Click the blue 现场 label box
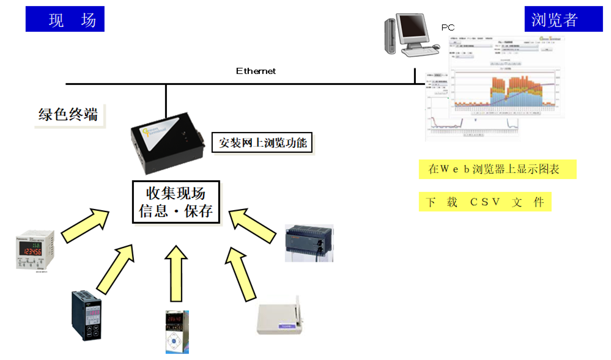tap(64, 20)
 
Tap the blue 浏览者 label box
tap(555, 20)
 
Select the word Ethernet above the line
tap(256, 72)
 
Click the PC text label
tap(448, 28)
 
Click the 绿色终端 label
tap(68, 114)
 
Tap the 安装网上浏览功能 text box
tap(262, 144)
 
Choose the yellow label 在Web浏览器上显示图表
tap(497, 169)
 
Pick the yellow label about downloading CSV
tap(484, 202)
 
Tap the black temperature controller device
tap(86, 314)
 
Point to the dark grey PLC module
tap(309, 243)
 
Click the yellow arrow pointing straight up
tap(176, 273)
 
